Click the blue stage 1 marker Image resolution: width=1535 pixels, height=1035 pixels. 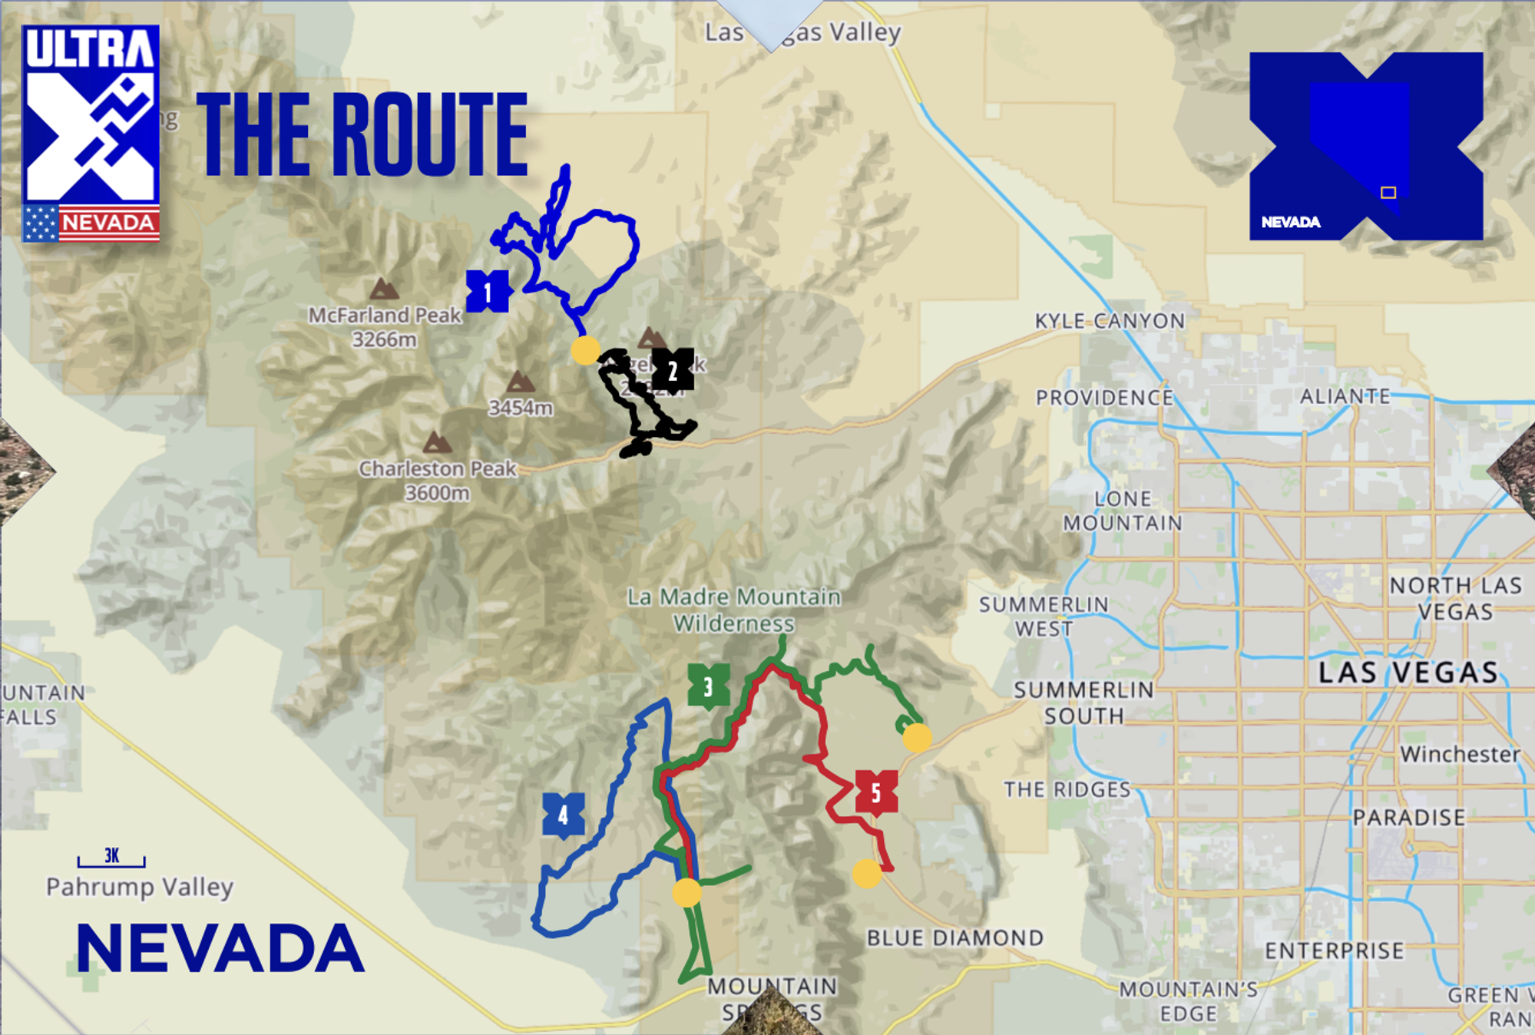coord(488,292)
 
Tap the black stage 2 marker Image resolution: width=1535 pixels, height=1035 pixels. coord(673,371)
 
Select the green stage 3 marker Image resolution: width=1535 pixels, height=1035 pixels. coord(708,686)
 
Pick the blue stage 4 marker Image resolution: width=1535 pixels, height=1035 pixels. coord(563,815)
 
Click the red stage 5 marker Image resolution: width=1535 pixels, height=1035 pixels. coord(876,792)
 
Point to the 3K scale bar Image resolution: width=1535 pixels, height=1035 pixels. coord(111,860)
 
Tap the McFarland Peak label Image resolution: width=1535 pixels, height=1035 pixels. coord(385,326)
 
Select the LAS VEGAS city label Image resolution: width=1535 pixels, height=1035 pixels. coord(1408,673)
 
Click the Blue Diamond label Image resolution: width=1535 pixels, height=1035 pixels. coord(954,937)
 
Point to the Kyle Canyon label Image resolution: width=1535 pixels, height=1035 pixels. coord(1110,321)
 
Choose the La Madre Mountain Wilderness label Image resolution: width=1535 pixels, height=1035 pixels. coord(733,610)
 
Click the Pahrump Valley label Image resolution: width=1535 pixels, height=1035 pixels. coord(140,888)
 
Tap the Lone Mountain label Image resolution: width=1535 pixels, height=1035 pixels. coord(1122,511)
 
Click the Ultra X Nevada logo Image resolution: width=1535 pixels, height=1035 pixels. coord(91,133)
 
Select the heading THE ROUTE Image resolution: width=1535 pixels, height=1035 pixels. coord(362,135)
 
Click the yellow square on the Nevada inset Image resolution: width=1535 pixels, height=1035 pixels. coord(1388,193)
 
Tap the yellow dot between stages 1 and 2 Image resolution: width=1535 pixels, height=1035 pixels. coord(585,350)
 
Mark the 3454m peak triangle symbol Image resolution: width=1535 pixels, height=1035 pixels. coord(520,382)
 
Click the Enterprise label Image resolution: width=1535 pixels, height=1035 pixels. coord(1335,951)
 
